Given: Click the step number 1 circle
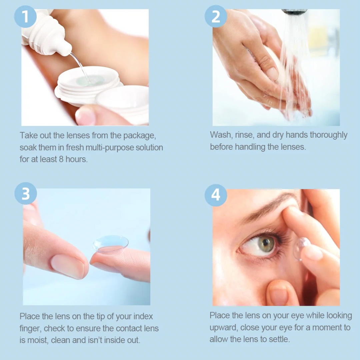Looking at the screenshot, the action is click(x=25, y=17).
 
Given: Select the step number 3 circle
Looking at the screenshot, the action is click(x=25, y=193).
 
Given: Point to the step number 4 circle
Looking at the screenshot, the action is click(x=216, y=195).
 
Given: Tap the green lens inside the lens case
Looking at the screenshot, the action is click(x=87, y=80).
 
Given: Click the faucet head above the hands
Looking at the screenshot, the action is click(x=294, y=12).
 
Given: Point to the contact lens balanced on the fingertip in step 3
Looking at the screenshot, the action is click(x=111, y=243).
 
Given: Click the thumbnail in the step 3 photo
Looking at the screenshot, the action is click(x=68, y=266).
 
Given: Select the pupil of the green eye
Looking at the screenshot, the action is click(x=266, y=242).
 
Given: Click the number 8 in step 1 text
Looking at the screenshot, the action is click(x=61, y=159).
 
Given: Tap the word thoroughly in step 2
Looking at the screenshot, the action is click(x=329, y=135).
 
